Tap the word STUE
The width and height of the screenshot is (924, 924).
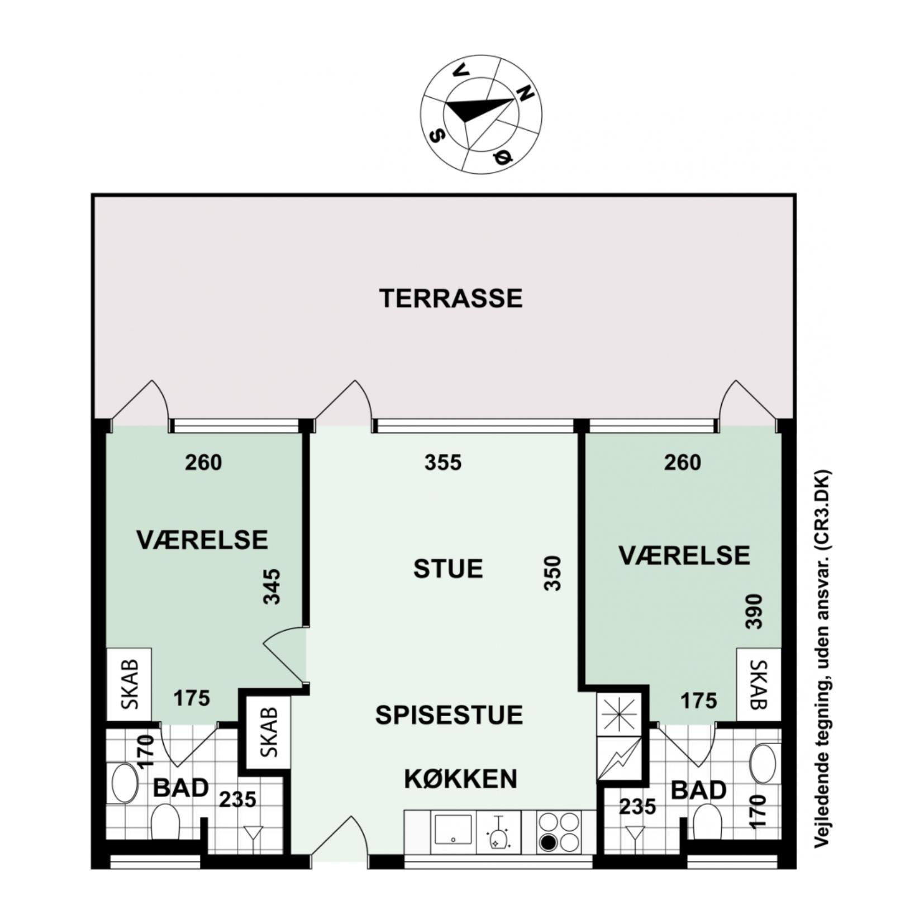click(x=448, y=569)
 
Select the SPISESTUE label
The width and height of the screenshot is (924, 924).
click(x=449, y=715)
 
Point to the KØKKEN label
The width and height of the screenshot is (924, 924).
click(x=461, y=779)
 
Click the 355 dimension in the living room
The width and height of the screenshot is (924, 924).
click(x=443, y=463)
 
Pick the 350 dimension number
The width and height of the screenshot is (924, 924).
click(x=553, y=573)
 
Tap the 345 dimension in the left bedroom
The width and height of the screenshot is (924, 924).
click(x=272, y=586)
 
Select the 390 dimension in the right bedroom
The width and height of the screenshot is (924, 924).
click(x=754, y=611)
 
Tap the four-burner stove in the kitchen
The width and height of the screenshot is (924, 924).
click(x=558, y=832)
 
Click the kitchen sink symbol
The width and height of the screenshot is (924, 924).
click(x=453, y=832)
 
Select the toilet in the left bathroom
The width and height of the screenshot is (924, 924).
click(x=165, y=822)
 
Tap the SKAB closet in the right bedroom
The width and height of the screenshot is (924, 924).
click(x=759, y=684)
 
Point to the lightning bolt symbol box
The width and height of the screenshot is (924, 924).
click(x=620, y=758)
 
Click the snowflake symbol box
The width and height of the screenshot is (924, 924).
click(x=620, y=714)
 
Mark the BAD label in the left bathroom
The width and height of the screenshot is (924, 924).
click(x=180, y=788)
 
